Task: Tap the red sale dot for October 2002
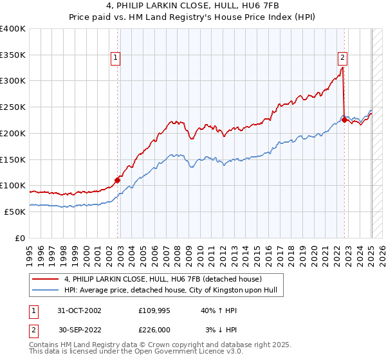coord(118,180)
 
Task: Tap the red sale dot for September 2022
coord(345,120)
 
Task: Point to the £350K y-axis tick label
coord(12,55)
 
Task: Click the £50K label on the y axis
coord(15,212)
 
